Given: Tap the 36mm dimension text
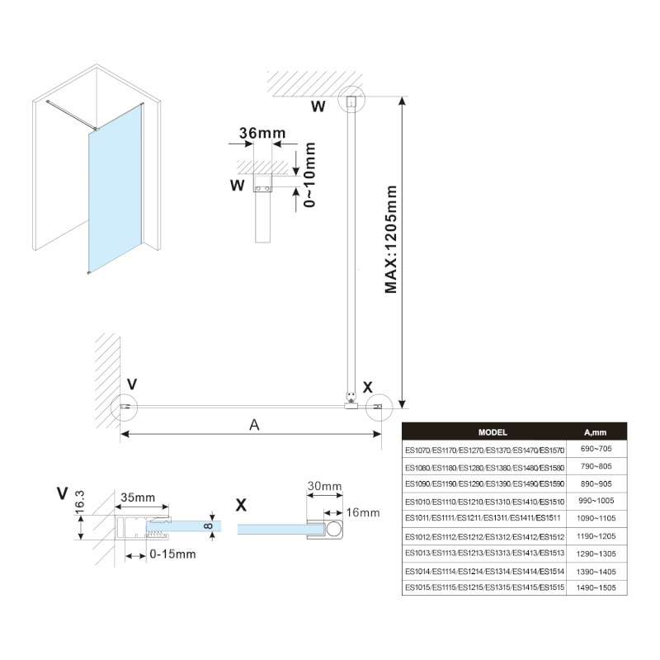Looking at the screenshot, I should click(257, 132).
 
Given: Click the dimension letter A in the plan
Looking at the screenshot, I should click(254, 424).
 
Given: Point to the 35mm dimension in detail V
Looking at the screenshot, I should click(138, 497).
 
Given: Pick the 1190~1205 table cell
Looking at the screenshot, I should click(595, 535).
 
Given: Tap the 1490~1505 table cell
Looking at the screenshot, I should click(595, 587).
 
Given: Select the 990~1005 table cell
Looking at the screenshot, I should click(595, 500).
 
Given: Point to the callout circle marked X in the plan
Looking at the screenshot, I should click(379, 407).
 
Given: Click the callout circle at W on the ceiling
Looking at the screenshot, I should click(351, 101).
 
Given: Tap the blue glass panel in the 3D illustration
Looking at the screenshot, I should click(116, 198).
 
